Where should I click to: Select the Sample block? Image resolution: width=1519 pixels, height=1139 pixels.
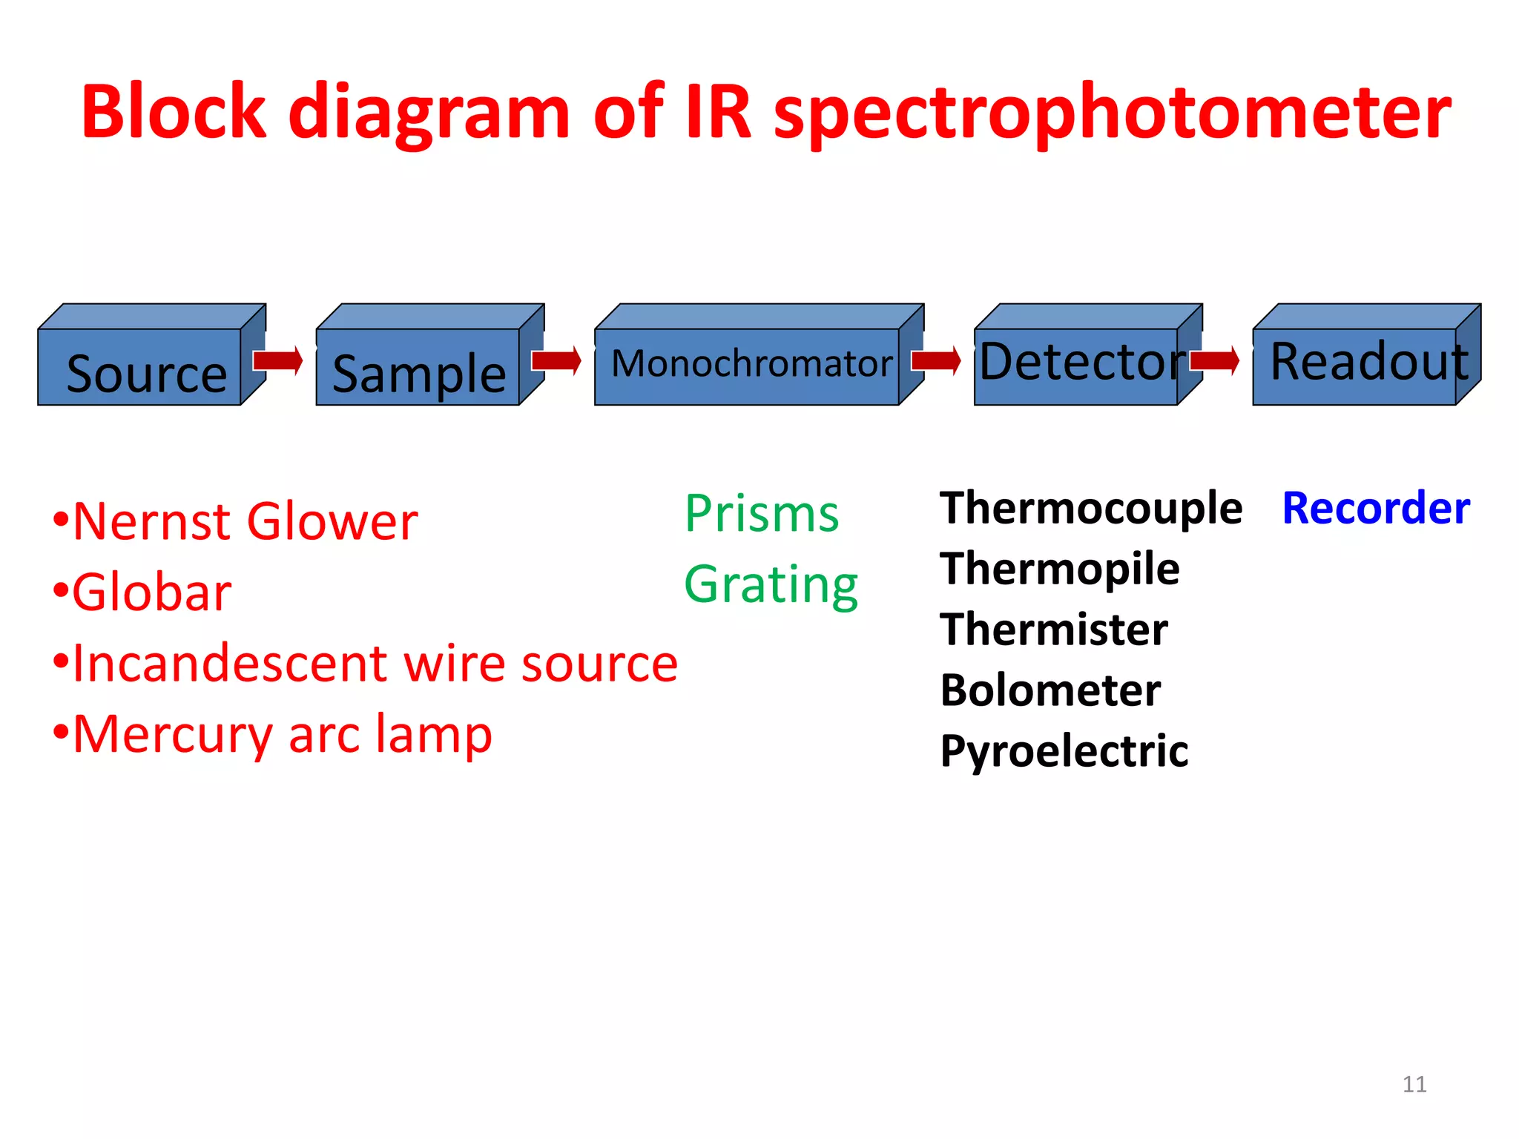419,367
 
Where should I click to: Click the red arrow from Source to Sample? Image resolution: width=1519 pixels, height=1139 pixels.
277,360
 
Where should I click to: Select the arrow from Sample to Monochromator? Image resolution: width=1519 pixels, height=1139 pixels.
556,360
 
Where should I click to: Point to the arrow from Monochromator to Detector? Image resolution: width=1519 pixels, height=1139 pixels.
936,360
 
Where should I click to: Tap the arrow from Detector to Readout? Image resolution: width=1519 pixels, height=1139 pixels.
1215,360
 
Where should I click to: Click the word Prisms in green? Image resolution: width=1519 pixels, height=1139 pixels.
762,513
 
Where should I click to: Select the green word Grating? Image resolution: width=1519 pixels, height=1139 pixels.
771,585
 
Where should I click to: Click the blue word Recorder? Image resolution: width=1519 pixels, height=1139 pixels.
1376,509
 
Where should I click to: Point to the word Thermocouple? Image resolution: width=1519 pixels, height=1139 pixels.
1090,509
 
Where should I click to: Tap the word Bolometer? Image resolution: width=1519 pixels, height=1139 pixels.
1050,690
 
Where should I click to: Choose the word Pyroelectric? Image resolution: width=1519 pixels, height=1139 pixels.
1064,751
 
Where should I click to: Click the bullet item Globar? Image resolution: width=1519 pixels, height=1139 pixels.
151,592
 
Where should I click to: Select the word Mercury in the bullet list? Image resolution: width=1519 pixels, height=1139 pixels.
173,735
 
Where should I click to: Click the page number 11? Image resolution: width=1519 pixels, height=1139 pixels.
1414,1084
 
